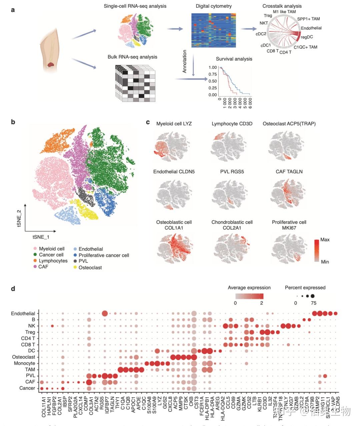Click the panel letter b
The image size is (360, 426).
point(13,122)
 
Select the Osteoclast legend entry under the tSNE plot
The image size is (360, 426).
point(90,267)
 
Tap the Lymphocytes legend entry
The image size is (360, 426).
point(53,261)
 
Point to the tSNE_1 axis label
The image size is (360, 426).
point(41,237)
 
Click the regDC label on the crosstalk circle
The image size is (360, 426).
point(307,37)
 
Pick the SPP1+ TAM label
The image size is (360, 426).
point(308,19)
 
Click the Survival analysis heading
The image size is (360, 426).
point(234,59)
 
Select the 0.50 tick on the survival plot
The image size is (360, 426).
point(213,81)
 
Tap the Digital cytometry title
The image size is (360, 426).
point(214,6)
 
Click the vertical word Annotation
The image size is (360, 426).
point(185,61)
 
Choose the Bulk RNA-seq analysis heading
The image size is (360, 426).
point(132,57)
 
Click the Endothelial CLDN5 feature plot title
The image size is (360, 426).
point(174,172)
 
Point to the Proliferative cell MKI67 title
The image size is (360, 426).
point(289,225)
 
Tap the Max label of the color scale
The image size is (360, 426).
point(325,240)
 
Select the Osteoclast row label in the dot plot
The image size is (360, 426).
point(24,357)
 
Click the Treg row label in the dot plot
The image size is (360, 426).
point(30,332)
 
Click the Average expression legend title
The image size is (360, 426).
point(249,288)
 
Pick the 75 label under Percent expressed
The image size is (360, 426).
point(313,303)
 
